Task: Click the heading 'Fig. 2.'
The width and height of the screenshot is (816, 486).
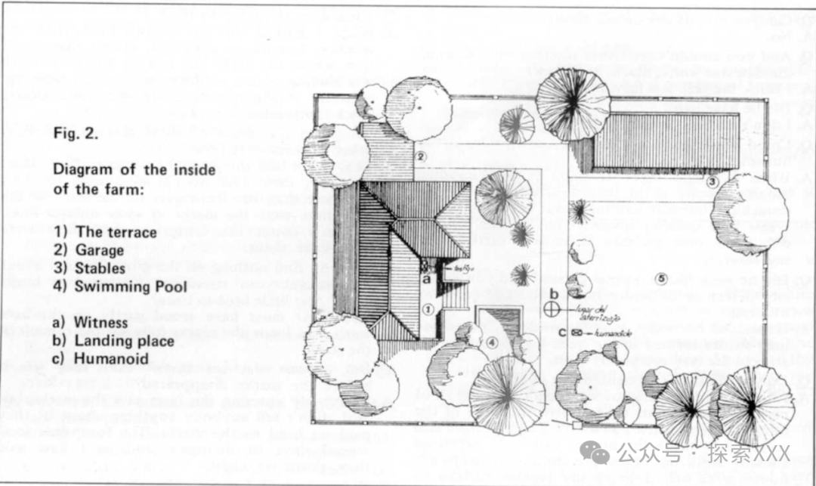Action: click(x=77, y=135)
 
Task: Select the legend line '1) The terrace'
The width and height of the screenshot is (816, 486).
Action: click(x=104, y=232)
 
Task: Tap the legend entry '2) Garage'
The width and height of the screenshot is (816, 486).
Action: click(x=88, y=250)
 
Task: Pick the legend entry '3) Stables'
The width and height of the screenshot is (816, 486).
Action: click(x=88, y=268)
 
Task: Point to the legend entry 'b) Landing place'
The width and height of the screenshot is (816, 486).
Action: click(x=113, y=341)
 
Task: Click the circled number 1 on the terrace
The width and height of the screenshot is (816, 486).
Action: click(x=427, y=308)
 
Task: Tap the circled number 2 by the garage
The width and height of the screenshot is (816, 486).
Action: click(x=422, y=156)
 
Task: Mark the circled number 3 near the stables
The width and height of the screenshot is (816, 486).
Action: click(x=711, y=181)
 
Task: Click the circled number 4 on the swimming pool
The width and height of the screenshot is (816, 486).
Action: click(x=492, y=342)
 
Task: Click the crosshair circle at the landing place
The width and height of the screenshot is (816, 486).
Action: click(x=553, y=308)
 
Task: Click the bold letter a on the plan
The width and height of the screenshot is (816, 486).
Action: click(x=426, y=279)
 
